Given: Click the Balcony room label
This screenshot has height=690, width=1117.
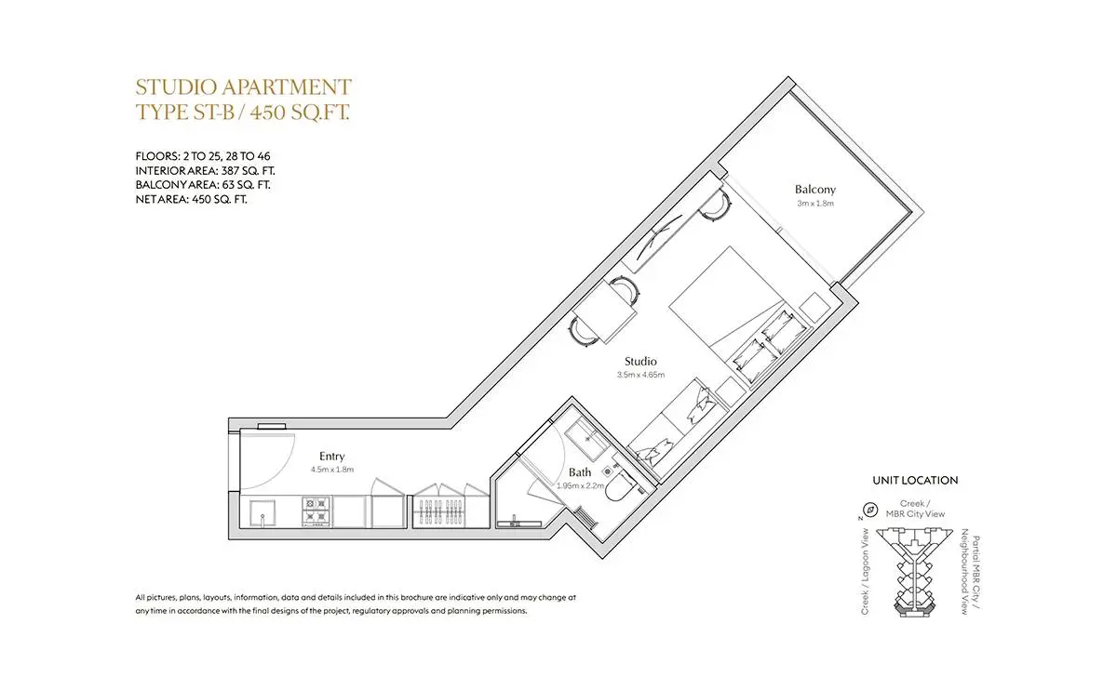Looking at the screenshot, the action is [814, 190].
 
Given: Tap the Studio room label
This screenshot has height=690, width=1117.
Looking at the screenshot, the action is [640, 361].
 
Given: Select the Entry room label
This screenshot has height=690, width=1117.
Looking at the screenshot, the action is [331, 457].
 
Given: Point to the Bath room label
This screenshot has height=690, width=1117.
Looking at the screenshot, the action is [580, 471].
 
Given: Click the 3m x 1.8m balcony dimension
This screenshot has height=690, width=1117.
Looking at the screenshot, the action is [815, 204].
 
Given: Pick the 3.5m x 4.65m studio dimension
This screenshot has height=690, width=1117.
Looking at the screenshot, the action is [640, 375].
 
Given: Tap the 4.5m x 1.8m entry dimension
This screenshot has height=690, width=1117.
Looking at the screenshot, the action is [332, 470].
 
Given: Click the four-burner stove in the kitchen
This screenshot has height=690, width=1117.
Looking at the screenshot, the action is [316, 511].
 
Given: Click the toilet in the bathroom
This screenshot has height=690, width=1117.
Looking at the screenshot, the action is [620, 485].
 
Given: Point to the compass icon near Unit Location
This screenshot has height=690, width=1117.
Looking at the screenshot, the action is [871, 510].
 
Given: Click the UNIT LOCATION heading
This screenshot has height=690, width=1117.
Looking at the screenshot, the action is [915, 480].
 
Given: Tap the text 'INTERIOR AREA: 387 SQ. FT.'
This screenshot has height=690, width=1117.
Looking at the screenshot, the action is [205, 171].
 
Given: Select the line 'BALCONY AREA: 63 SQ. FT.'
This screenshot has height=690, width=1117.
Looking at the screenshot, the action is [203, 185].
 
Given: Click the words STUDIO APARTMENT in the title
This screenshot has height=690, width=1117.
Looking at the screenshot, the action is [243, 87].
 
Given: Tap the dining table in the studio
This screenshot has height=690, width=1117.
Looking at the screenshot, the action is [605, 312].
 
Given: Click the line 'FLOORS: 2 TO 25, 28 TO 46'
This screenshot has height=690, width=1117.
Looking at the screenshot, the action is [203, 156].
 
